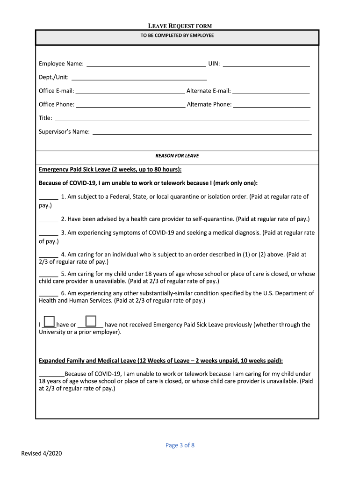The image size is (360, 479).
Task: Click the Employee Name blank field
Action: coord(146,64)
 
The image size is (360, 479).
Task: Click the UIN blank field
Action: coord(266,64)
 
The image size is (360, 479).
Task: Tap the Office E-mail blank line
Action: coord(130,91)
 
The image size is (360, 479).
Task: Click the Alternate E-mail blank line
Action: coord(271,91)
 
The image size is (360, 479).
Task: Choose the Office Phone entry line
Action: coord(130,104)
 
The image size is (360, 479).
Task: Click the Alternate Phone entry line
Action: coord(272,104)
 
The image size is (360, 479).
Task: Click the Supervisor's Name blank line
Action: coord(202,131)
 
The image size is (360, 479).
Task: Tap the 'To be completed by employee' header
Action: coord(177,35)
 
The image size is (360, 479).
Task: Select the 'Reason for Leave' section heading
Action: coord(177,156)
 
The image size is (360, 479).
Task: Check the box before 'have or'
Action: coord(49,321)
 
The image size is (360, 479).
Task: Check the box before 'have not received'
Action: coord(91,321)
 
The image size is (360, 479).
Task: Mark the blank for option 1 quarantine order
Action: coord(48,197)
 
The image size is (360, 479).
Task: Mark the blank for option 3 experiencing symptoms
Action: coord(48,233)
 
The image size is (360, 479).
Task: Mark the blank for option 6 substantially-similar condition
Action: coord(48,293)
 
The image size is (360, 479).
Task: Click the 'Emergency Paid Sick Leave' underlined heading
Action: coord(110,169)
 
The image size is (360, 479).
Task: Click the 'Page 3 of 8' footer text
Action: coord(180,445)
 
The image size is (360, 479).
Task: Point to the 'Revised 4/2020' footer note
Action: coord(42,454)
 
